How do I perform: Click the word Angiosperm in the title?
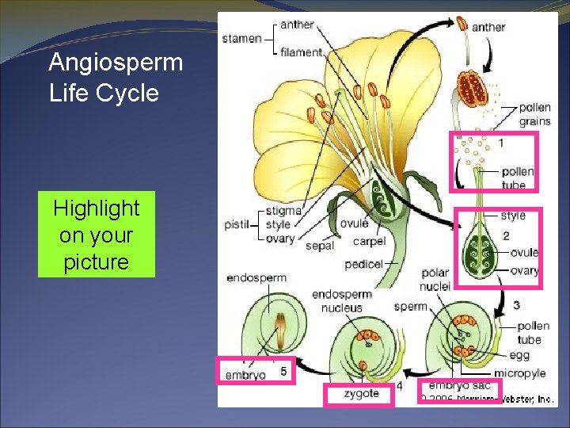tap(116, 62)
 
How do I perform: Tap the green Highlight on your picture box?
tap(96, 235)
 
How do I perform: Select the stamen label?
tap(241, 38)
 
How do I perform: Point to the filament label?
tap(302, 52)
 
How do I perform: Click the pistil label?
tap(237, 225)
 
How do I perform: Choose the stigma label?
tap(283, 211)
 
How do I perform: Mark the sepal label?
tap(319, 246)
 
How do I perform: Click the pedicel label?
tap(363, 264)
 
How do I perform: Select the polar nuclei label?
tap(435, 279)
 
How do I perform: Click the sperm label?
tap(410, 306)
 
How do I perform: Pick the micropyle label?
tap(519, 373)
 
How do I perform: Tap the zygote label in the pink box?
tap(360, 393)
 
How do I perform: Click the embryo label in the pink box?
tap(245, 375)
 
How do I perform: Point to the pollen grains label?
tap(534, 115)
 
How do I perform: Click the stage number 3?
tap(516, 305)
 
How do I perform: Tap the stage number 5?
tap(283, 370)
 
